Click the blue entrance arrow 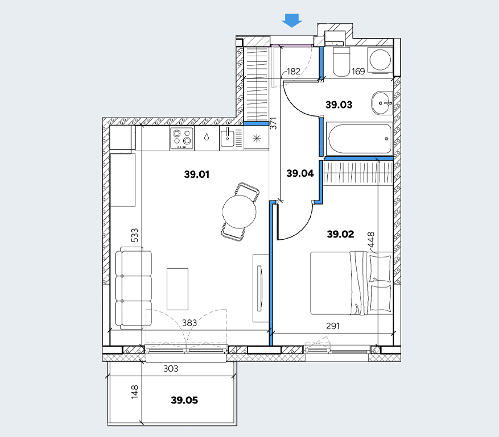(292, 20)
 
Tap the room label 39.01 (197, 174)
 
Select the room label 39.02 (340, 234)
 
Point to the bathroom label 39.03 (339, 105)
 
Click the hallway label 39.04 (300, 173)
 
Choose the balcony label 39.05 (184, 400)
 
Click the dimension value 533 (135, 235)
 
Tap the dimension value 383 (189, 323)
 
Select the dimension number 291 (333, 326)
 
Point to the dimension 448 (371, 240)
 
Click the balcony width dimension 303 (171, 369)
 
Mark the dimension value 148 (135, 392)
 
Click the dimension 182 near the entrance (294, 71)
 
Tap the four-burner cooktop (182, 138)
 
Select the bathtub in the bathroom (360, 139)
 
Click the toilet (341, 63)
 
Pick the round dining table (240, 211)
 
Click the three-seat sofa (133, 290)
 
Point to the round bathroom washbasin (382, 103)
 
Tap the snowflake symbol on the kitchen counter (257, 138)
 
